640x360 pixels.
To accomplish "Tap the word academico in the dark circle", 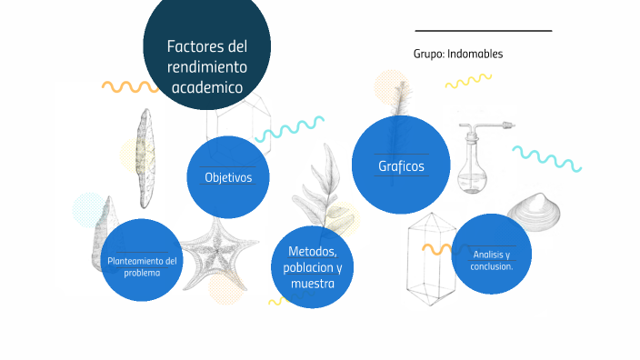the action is [x=206, y=88].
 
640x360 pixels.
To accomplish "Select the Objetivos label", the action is [x=228, y=177].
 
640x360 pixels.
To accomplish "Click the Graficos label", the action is [x=401, y=166].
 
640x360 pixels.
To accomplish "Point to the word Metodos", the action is [x=313, y=251].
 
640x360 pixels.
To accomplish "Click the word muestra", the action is [x=313, y=284].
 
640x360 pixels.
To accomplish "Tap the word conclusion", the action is [x=492, y=266].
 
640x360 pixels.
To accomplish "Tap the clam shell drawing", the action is [x=540, y=213].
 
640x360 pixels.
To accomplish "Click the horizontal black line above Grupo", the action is [x=483, y=31].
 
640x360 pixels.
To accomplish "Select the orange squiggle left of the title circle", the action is [x=130, y=87].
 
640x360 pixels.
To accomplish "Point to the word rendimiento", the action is [x=207, y=67].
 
